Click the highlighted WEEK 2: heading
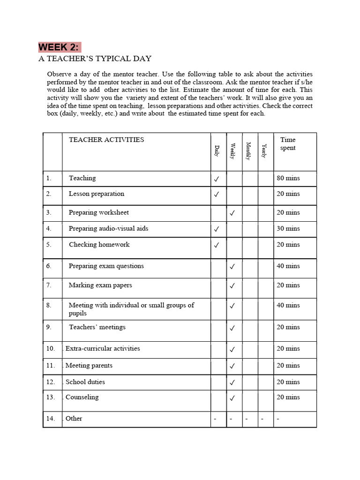[59, 47]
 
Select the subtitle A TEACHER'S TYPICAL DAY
[95, 59]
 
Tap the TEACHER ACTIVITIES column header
[106, 140]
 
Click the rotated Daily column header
[217, 151]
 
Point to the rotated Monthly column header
[249, 151]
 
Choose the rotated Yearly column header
[264, 151]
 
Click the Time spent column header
[288, 144]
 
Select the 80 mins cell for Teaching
[288, 178]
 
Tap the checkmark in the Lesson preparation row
[217, 195]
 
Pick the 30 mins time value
[288, 229]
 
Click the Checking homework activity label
[99, 245]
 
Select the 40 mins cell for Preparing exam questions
[288, 266]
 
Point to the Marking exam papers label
[100, 285]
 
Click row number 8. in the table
[49, 305]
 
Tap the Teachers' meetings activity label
[97, 327]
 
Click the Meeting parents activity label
[89, 366]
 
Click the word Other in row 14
[74, 419]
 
